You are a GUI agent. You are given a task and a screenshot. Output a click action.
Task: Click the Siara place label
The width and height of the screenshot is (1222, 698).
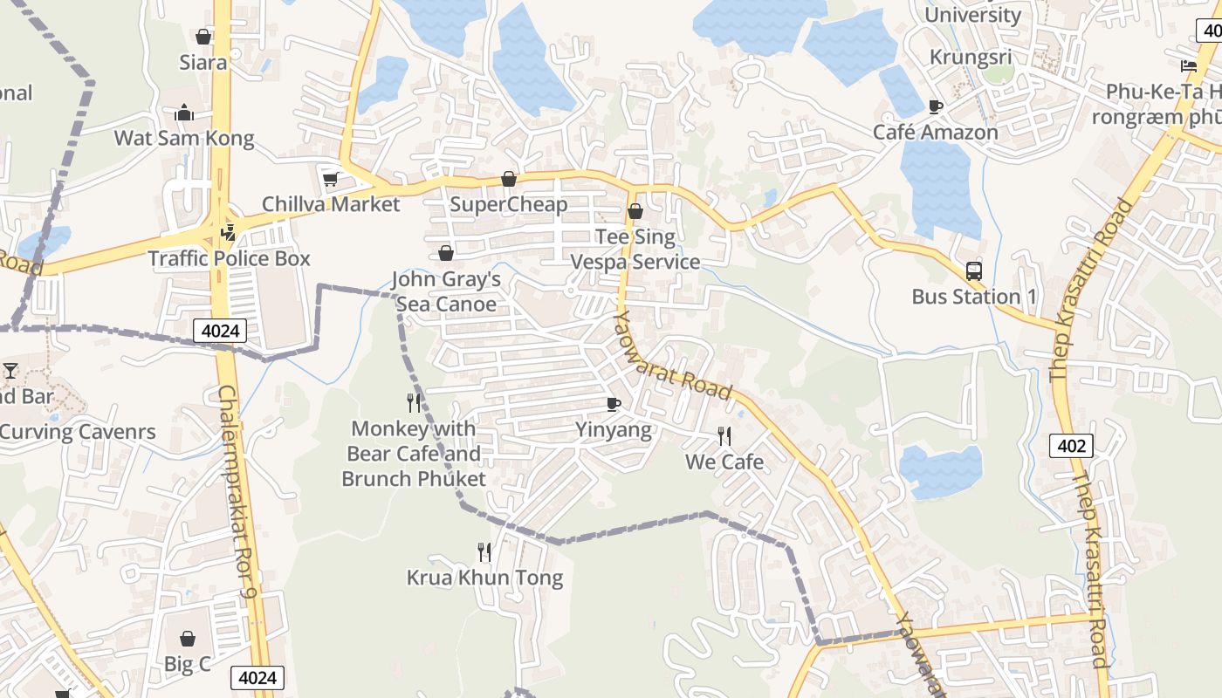[x=203, y=63]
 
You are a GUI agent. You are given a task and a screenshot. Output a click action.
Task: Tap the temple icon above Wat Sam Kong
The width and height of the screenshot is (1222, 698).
[x=184, y=113]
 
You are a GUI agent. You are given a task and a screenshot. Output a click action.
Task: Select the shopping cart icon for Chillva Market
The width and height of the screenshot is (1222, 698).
[x=330, y=179]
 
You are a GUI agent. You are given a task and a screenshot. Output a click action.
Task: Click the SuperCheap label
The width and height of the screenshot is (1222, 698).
[x=509, y=205]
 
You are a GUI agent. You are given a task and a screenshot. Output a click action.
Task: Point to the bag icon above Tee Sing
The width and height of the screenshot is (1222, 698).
[x=635, y=211]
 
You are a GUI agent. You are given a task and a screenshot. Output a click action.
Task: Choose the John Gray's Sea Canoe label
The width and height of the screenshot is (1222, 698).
[x=446, y=291]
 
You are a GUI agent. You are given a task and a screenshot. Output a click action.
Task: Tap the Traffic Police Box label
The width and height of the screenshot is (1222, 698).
[x=229, y=259]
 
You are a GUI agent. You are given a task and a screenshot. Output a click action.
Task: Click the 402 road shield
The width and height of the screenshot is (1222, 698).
[x=1071, y=446]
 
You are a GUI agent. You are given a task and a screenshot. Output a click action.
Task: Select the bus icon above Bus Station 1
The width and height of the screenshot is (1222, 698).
[x=974, y=271]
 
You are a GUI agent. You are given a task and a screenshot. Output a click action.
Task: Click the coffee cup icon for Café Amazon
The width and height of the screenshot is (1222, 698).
[x=936, y=107]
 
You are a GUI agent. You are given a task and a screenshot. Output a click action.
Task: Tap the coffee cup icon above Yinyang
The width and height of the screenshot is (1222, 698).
[x=614, y=404]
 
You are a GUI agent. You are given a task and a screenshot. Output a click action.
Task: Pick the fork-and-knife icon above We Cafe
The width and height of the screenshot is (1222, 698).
[x=724, y=436]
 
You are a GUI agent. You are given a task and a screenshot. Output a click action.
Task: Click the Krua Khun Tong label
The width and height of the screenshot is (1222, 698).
[x=484, y=578]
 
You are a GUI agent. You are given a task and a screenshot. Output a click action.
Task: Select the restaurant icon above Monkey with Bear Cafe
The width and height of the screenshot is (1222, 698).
[x=414, y=402]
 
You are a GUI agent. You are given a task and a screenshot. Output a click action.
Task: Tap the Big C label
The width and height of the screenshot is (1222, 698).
[x=188, y=664]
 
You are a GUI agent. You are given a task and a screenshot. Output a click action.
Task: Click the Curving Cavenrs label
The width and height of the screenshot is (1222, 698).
[x=78, y=432]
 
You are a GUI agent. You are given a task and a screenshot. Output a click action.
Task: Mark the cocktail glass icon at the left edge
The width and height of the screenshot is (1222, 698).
[x=10, y=371]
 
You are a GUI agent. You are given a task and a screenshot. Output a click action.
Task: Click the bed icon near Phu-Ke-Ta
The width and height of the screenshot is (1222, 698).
[x=1188, y=65]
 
